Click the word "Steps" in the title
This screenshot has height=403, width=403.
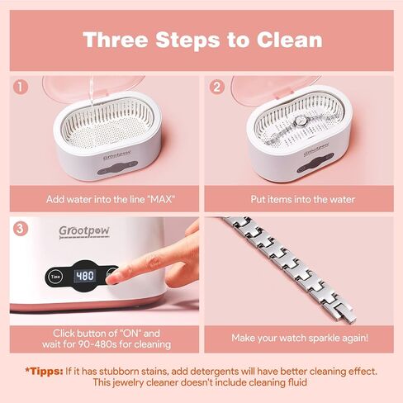pos(187,40)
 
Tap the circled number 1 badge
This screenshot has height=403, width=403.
pos(21,87)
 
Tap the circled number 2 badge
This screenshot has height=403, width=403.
pos(217,87)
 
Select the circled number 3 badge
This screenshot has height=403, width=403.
pos(21,229)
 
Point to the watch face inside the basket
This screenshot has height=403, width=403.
pos(300,121)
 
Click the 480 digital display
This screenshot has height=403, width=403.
pos(85,276)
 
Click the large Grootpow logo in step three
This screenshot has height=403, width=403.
pos(84,232)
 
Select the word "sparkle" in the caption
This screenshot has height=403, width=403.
pos(321,338)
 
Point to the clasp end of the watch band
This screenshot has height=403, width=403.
pos(348,315)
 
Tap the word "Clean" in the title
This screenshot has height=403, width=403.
pos(290,40)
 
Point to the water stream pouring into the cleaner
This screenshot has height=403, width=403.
pos(92,92)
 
